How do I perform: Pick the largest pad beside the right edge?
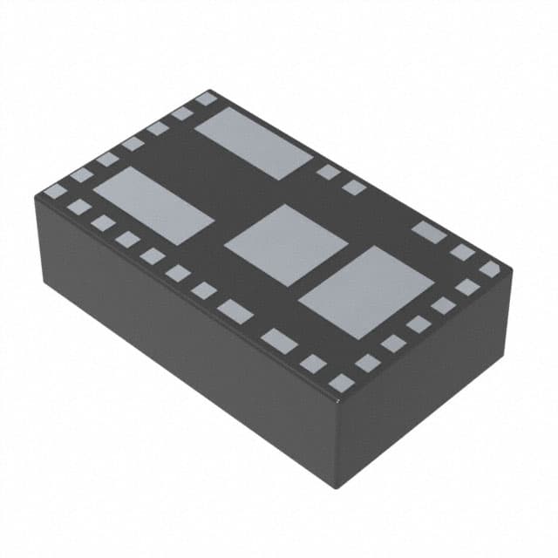pos(366,292)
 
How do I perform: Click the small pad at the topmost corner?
pos(206,99)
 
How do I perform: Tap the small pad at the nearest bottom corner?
pos(342,382)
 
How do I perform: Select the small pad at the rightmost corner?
pos(490,269)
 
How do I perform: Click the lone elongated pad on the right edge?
pos(429,231)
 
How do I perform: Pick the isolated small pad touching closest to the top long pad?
pos(328,173)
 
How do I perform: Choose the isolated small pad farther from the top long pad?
pos(353,187)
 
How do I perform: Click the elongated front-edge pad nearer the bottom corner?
pos(279,341)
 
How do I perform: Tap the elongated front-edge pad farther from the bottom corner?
pos(235,310)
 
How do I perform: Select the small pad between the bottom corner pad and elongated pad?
pos(312,364)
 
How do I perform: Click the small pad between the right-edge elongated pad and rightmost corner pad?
pos(462,253)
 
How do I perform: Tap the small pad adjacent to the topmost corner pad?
pos(182,113)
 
